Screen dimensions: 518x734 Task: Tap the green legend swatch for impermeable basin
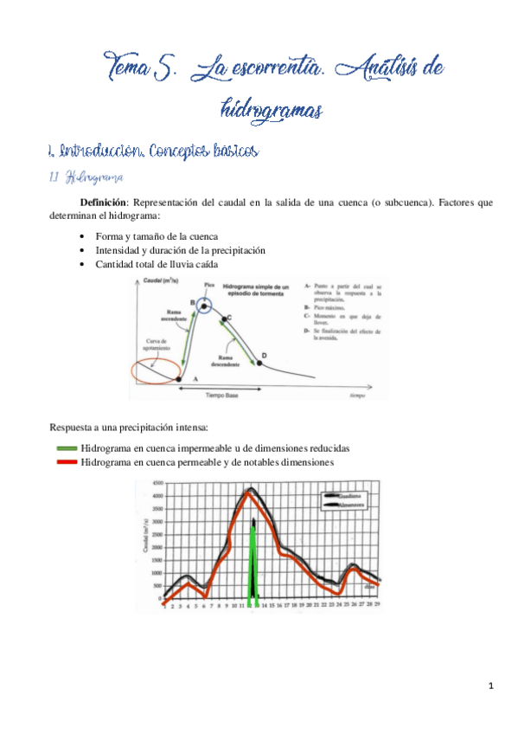coord(64,448)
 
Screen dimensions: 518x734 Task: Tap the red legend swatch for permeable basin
coord(64,462)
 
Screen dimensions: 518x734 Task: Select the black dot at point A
coord(179,378)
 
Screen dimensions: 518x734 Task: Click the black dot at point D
coord(263,357)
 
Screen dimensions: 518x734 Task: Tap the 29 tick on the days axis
coord(379,607)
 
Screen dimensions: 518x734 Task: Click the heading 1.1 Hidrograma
coord(83,177)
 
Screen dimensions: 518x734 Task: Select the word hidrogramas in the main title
coord(272,110)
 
